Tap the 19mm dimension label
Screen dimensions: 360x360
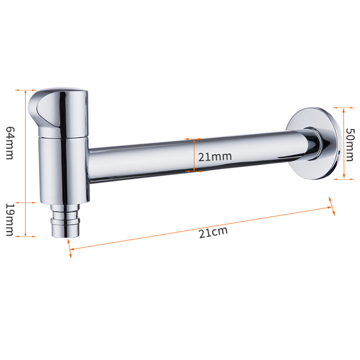10,220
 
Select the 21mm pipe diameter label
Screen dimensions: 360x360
215,157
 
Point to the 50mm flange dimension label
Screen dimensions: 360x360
350,145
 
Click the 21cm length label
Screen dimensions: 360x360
213,232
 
